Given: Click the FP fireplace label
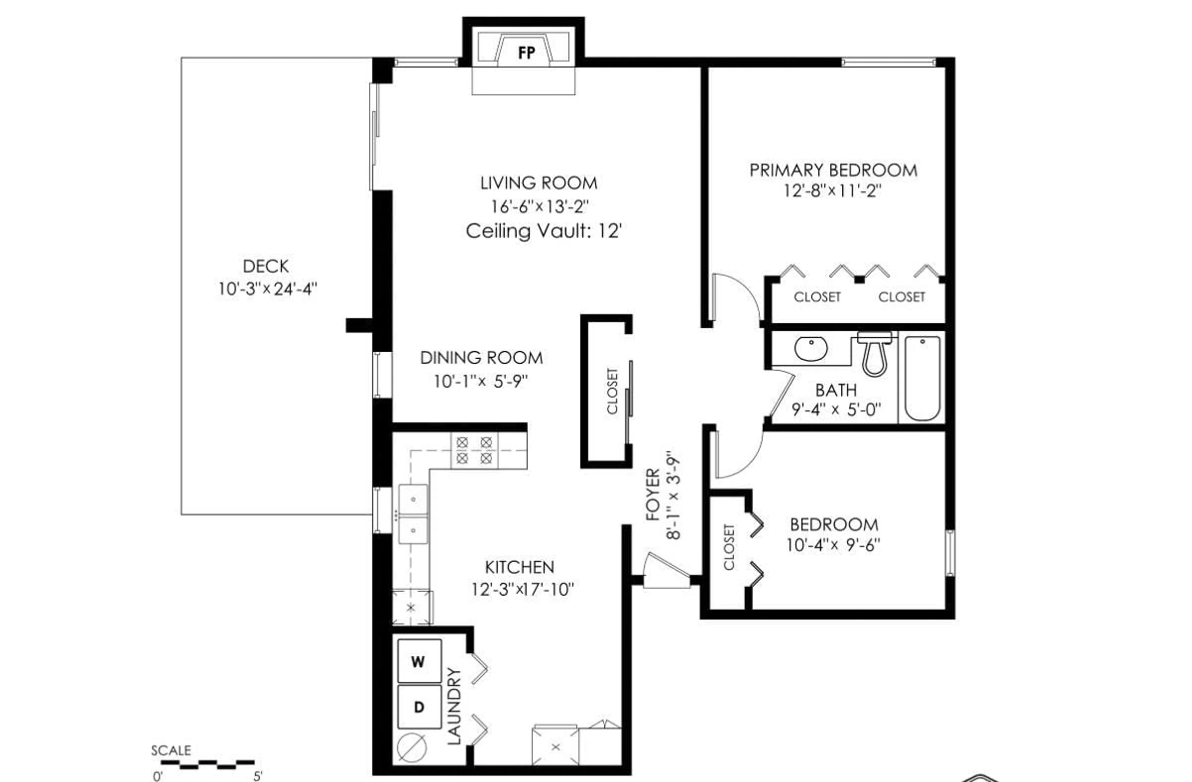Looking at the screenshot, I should pyautogui.click(x=526, y=52).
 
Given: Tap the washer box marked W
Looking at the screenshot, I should pyautogui.click(x=419, y=661).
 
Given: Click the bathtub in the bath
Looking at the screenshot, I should pyautogui.click(x=922, y=378).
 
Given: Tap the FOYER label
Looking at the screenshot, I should pyautogui.click(x=652, y=495).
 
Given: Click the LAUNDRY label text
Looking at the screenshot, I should pyautogui.click(x=453, y=706).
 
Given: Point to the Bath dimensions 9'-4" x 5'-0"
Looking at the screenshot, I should pyautogui.click(x=836, y=409).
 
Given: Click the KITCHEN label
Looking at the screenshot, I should pyautogui.click(x=519, y=567).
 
